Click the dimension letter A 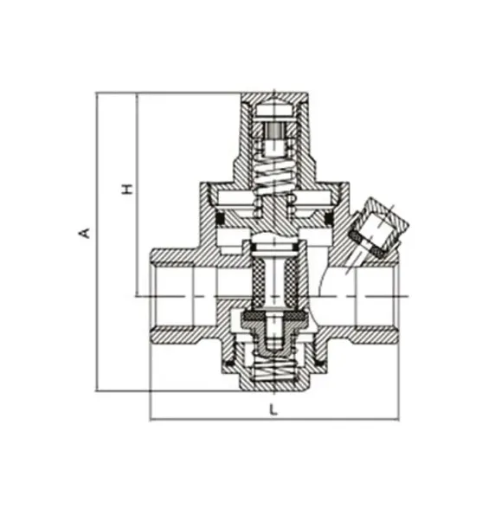pos(85,233)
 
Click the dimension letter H pos(127,189)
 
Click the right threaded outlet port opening pos(376,297)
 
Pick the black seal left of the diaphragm pos(220,219)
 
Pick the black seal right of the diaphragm pos(329,219)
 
